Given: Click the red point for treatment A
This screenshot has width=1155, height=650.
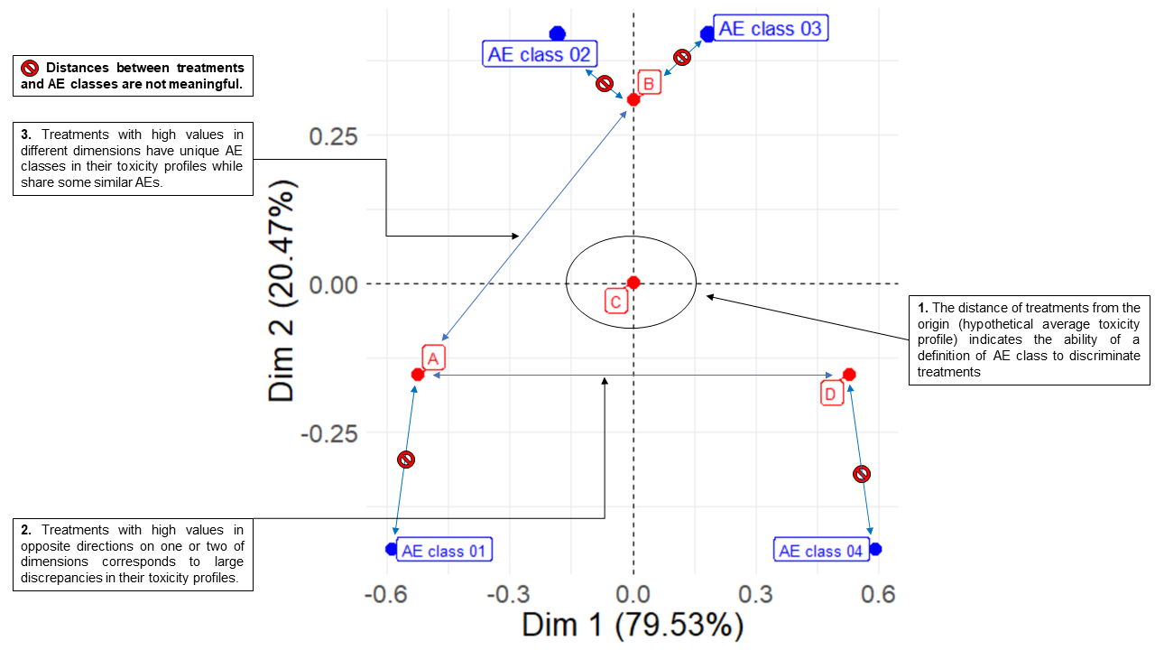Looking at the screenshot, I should [418, 374].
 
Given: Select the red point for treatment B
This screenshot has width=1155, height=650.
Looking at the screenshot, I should [633, 98].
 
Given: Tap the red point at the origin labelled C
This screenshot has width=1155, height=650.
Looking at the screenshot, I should [633, 283].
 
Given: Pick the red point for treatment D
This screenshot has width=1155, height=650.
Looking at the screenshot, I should [848, 374].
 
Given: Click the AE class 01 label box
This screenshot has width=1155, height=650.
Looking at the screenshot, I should [445, 551].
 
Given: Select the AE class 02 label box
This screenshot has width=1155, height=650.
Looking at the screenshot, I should [539, 54].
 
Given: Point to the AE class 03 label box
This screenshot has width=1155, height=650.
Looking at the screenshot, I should [770, 29].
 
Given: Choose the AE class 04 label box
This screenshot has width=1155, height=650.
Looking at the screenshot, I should [820, 551].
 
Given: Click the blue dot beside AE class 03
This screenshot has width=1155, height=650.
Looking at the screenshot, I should [708, 33].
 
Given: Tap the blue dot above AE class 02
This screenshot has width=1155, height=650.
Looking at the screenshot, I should [558, 33].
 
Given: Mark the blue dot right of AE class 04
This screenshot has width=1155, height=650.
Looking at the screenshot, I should [874, 549].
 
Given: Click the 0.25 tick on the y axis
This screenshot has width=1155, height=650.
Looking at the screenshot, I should [334, 136].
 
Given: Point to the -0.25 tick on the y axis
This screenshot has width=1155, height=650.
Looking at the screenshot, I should [328, 433].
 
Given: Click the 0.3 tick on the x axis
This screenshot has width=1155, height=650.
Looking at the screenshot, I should [756, 593].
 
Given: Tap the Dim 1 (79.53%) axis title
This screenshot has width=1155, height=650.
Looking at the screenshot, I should [633, 625].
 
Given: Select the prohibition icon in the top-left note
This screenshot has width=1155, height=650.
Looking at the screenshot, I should [30, 68].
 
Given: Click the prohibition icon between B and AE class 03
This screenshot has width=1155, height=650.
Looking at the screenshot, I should [683, 57].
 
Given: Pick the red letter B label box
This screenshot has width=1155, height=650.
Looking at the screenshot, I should [650, 83].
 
